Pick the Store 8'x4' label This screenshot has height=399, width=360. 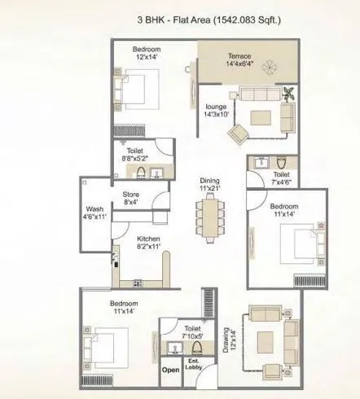point(132,199)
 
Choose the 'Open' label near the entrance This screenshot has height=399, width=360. point(170,370)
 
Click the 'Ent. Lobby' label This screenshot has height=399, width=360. point(195,365)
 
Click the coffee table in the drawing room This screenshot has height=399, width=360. point(265,333)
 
